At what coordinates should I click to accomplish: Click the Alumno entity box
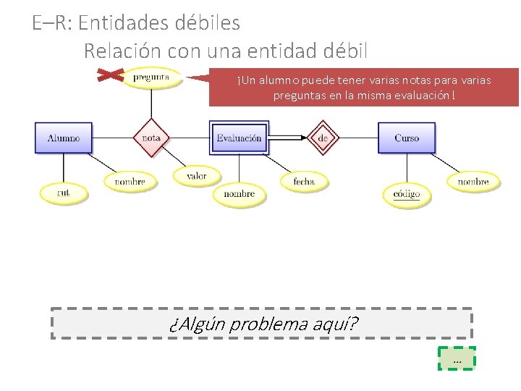coord(64,138)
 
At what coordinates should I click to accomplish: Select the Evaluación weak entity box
coord(240,138)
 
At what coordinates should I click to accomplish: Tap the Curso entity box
coord(407,138)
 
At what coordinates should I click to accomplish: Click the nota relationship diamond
coord(151,138)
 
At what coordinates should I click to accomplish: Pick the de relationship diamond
coord(323,138)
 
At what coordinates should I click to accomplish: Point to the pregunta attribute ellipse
coord(151,77)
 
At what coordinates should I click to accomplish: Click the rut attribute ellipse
coord(64,193)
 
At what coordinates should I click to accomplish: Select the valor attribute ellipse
coord(196,175)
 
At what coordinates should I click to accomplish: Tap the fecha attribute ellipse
coord(304,181)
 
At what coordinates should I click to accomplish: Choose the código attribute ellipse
coord(407,193)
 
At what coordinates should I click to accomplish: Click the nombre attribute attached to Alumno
coord(130,182)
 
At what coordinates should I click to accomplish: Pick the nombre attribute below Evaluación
coord(239,194)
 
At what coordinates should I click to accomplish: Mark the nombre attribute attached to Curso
coord(473,182)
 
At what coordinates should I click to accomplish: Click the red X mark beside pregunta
coord(110,75)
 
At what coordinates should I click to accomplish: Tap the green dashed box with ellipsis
coord(457,358)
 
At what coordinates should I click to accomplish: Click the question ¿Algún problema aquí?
coord(263,324)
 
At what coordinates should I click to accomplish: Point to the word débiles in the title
coord(208,23)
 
